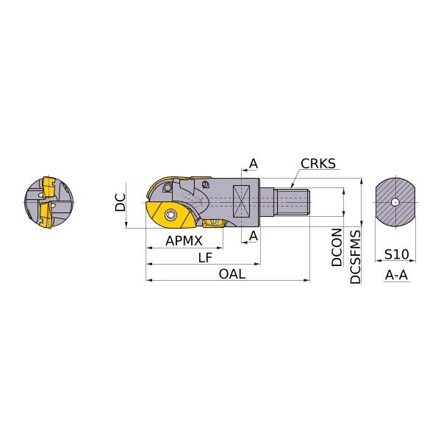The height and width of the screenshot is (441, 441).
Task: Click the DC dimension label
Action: pos(121,202)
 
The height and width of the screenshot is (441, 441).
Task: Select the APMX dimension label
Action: pos(184,241)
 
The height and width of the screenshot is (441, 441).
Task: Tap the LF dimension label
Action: pos(205,257)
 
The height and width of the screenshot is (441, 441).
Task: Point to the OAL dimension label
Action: pos(232,273)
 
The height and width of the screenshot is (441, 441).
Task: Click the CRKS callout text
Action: pos(318,163)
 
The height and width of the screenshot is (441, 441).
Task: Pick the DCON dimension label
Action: pos(337,247)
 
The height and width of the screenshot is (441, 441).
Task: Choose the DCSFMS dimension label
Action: pos(355,257)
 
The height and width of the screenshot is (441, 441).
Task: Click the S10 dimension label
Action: pos(396,254)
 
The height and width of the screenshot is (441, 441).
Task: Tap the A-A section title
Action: pos(396,275)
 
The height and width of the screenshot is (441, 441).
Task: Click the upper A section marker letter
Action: pos(254,163)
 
